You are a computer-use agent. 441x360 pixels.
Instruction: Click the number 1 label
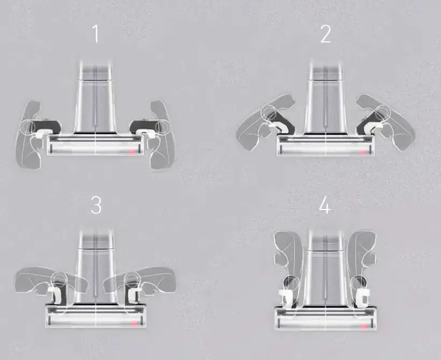point(96,34)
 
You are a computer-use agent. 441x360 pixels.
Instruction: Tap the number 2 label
point(326,34)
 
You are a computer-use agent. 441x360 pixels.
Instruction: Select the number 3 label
point(96,205)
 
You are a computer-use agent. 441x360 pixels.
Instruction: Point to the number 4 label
point(325,206)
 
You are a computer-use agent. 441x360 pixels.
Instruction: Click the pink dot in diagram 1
point(132,152)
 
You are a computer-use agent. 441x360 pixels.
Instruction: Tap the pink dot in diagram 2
point(362,152)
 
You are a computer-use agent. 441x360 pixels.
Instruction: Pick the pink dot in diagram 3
point(133,323)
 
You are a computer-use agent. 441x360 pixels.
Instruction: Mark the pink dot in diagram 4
point(365,327)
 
